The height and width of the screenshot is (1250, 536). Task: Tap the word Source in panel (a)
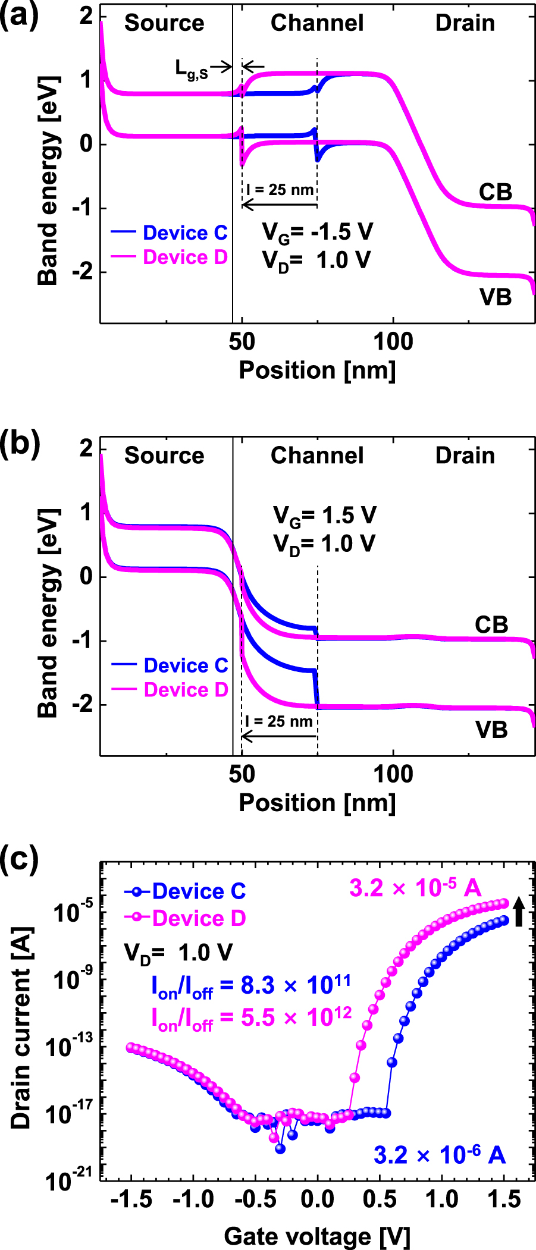click(164, 23)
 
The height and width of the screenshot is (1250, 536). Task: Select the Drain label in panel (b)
click(465, 456)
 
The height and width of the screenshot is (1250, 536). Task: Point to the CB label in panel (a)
click(495, 192)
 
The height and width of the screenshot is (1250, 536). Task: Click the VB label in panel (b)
click(491, 730)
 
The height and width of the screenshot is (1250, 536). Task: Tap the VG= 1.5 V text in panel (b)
click(324, 515)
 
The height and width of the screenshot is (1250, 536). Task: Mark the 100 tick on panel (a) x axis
click(393, 342)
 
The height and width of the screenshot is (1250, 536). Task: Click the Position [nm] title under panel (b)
click(317, 803)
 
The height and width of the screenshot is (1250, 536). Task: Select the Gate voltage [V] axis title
click(317, 1236)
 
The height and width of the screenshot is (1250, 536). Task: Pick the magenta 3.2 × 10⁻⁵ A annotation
click(415, 888)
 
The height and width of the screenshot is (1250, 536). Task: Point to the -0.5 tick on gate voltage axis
click(255, 1199)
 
